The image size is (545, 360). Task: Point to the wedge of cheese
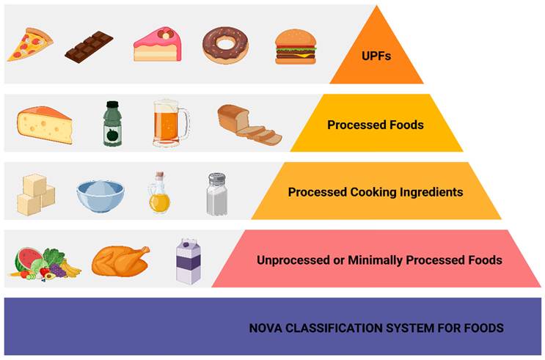(x=44, y=122)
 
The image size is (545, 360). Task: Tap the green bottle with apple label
(x=111, y=122)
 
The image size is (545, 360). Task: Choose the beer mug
(x=168, y=122)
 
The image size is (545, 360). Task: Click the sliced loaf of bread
(x=247, y=122)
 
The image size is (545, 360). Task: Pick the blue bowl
(x=100, y=194)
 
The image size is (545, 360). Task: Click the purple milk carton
(x=189, y=261)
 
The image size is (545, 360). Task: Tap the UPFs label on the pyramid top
(x=376, y=54)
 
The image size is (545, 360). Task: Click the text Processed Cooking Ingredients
(x=375, y=192)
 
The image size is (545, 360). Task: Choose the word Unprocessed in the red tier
(x=288, y=260)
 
